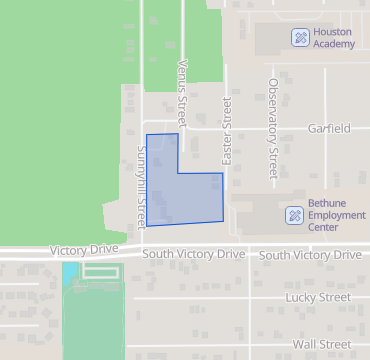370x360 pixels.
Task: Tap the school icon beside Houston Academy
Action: (x=299, y=38)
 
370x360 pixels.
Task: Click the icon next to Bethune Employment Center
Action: (x=294, y=215)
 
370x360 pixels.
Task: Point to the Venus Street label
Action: (x=182, y=82)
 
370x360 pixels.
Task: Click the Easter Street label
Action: (x=227, y=130)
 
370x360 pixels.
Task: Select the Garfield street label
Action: (x=329, y=129)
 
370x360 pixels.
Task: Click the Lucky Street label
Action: (x=318, y=297)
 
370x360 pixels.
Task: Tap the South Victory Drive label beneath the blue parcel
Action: (x=193, y=255)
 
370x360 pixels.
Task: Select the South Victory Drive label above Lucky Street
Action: (x=310, y=255)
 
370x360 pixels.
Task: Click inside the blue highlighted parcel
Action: (x=185, y=196)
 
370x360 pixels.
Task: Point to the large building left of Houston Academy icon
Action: (x=270, y=39)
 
